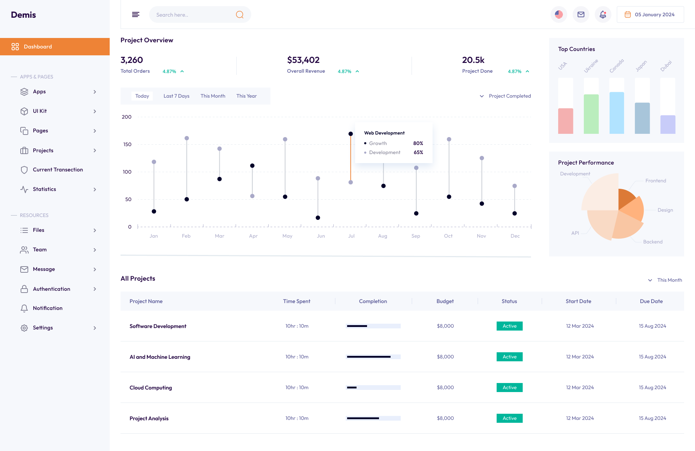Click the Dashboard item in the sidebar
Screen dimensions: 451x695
(x=38, y=47)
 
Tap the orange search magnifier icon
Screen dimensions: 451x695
(x=239, y=14)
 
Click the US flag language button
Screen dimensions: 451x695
(x=559, y=14)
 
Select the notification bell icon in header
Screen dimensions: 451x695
(x=603, y=14)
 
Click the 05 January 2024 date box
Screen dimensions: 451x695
(x=650, y=14)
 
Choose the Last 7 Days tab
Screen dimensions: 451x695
(x=176, y=96)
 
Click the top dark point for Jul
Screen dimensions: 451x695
(x=350, y=134)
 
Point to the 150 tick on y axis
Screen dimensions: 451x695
(x=127, y=144)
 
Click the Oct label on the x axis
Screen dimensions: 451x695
(x=448, y=236)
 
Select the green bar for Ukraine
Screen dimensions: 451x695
(x=591, y=114)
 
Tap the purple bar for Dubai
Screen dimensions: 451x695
(x=667, y=124)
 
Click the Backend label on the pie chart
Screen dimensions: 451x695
(x=653, y=242)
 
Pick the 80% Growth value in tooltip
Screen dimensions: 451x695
(x=418, y=143)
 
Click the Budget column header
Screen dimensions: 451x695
(x=445, y=301)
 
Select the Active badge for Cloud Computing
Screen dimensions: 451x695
(x=509, y=387)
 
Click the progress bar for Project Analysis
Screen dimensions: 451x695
(x=373, y=418)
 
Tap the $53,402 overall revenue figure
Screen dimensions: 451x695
(x=303, y=60)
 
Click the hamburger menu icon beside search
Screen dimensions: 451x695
(x=135, y=14)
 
